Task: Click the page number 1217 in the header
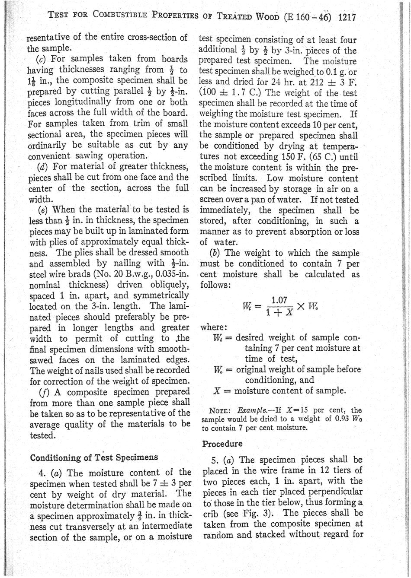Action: click(x=347, y=18)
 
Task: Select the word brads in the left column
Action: click(x=78, y=274)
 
